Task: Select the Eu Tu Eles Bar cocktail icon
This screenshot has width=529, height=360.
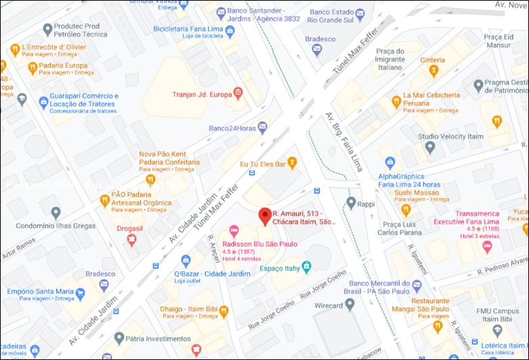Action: click(x=292, y=162)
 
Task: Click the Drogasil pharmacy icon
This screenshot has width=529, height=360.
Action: click(x=132, y=241)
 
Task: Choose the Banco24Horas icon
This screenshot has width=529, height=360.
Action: click(x=262, y=127)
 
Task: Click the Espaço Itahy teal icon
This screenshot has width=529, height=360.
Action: click(x=307, y=264)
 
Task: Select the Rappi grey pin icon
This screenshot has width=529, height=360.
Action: click(x=351, y=202)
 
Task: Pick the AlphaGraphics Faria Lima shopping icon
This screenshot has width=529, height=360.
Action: click(x=390, y=162)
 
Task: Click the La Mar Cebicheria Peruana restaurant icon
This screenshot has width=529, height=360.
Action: click(x=397, y=101)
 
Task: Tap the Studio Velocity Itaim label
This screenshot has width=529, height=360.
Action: click(x=450, y=136)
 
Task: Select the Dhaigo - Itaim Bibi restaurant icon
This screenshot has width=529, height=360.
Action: click(x=224, y=311)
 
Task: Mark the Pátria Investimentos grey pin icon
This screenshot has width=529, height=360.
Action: click(x=119, y=337)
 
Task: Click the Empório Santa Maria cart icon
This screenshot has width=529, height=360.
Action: click(x=81, y=294)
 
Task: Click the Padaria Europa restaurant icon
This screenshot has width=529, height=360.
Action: click(x=32, y=67)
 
